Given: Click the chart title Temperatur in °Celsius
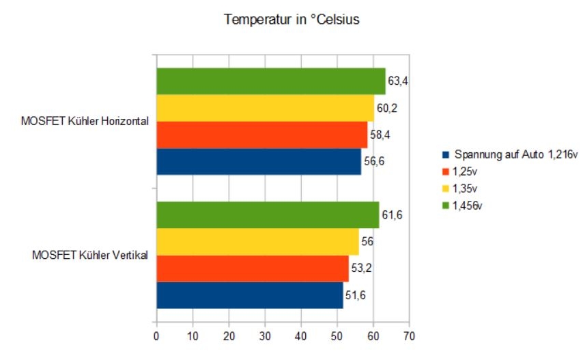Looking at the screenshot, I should click(291, 20).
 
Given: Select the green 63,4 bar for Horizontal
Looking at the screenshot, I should click(271, 81).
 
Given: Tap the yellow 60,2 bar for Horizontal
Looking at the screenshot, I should click(266, 108).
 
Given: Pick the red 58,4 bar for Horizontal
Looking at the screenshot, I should click(262, 135).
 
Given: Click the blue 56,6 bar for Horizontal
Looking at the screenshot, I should click(259, 161).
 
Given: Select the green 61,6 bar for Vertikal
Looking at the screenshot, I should click(268, 215).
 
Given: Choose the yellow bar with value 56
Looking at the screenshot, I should click(258, 242).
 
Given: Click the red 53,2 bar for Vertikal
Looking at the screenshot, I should click(253, 268).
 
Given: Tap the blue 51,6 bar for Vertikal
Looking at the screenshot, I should click(250, 295).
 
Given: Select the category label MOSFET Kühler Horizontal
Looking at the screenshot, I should click(85, 122).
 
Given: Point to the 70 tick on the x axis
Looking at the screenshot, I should click(408, 336).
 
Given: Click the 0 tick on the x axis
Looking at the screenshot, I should click(156, 336).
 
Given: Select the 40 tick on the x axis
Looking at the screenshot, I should click(300, 336).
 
